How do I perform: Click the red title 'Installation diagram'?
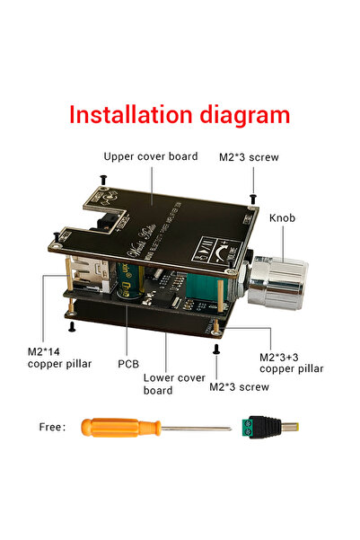180,116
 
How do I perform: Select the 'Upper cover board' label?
150,156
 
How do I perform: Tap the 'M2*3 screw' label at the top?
249,157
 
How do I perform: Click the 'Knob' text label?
284,217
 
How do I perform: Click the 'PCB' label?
128,364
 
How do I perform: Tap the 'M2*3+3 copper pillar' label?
291,362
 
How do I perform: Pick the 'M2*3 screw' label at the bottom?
238,387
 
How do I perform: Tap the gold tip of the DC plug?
289,427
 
